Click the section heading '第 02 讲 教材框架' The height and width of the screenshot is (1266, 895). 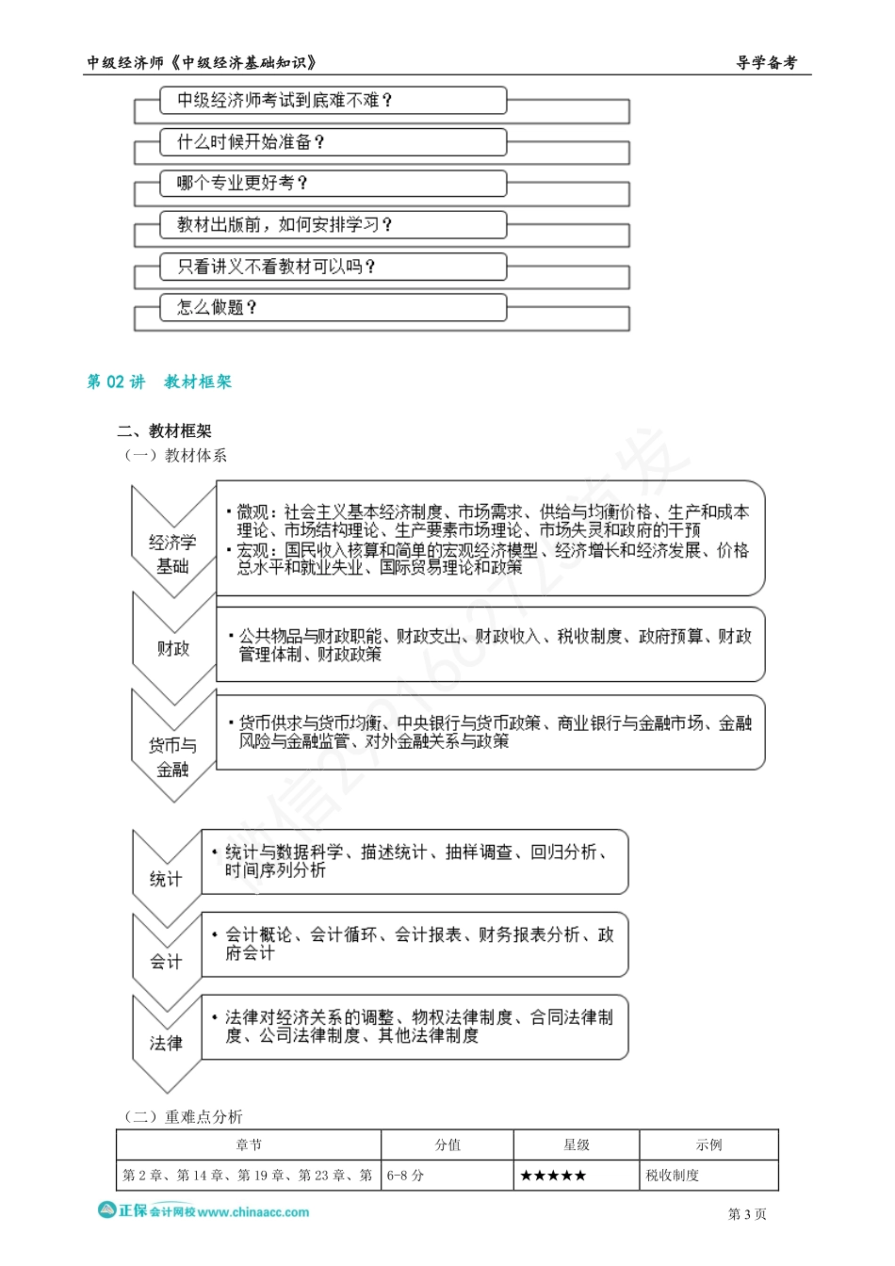point(159,381)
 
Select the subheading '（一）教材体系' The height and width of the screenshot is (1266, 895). point(175,456)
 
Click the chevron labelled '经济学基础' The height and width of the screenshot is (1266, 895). point(172,554)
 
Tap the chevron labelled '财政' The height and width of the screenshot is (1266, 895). point(172,648)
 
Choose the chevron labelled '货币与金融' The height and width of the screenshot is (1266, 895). point(172,756)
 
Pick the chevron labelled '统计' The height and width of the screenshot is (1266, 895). point(166,878)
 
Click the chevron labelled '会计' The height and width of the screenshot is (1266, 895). point(166,961)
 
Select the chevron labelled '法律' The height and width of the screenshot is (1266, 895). point(166,1043)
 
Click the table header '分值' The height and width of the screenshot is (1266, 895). point(447,1145)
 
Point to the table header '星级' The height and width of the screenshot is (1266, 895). point(577,1145)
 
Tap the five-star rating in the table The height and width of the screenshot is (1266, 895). point(553,1176)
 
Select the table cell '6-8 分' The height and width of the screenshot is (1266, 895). point(406,1176)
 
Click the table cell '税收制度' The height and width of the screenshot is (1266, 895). point(673,1176)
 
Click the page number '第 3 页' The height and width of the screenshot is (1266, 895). point(747,1214)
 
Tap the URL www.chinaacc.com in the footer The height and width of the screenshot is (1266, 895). point(253,1212)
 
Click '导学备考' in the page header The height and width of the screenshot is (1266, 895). point(766,63)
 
